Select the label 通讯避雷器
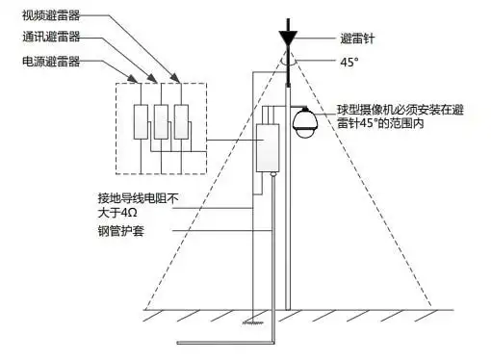(x=51, y=39)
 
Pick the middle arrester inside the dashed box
(x=162, y=120)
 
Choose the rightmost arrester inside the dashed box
(x=183, y=120)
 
